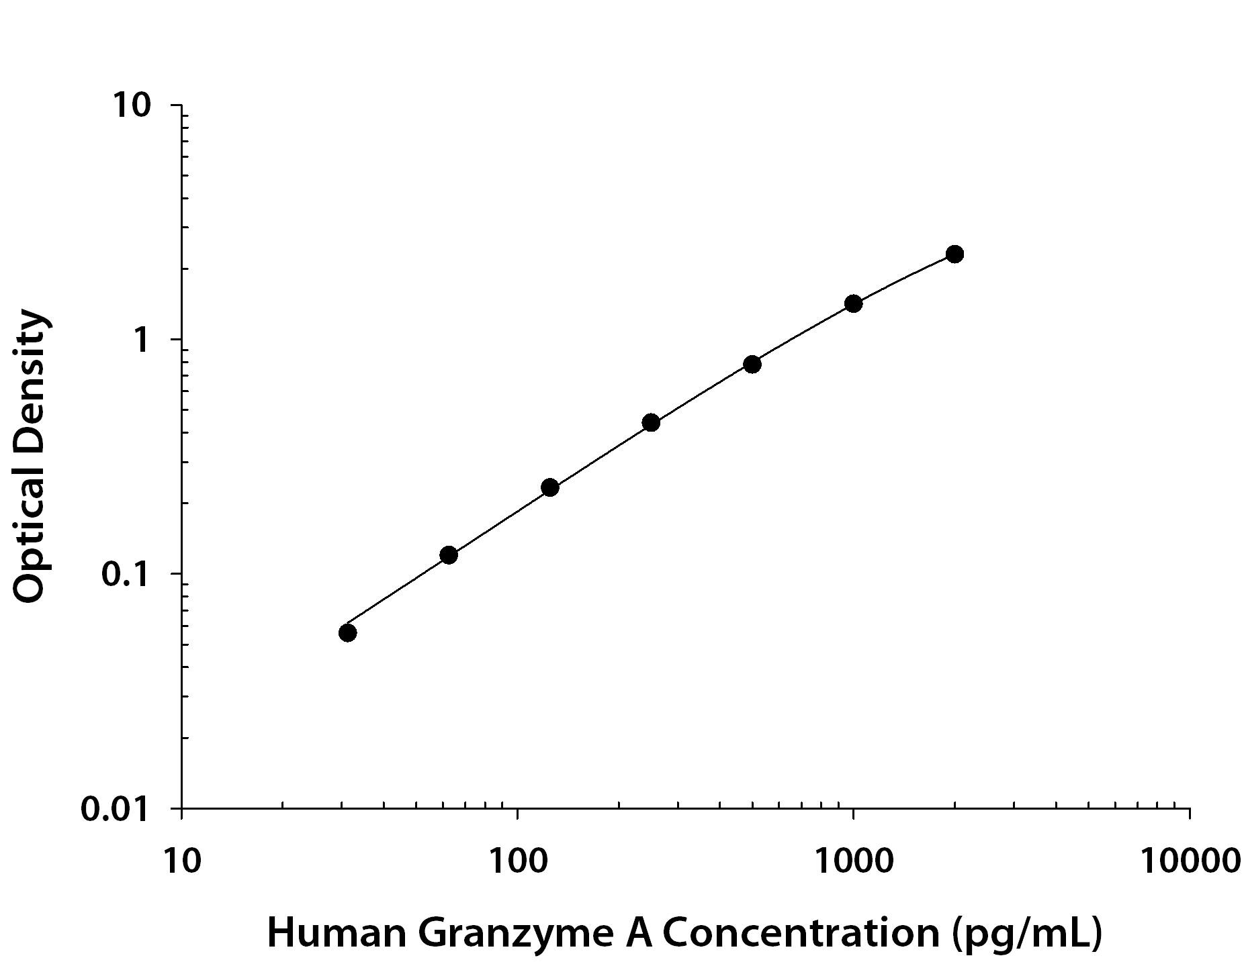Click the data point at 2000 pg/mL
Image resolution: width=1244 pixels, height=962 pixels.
[x=954, y=254]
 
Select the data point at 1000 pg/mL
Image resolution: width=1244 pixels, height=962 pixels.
[x=853, y=303]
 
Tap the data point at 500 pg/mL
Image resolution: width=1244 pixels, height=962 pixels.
[x=752, y=365]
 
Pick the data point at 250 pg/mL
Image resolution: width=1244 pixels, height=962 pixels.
[x=651, y=423]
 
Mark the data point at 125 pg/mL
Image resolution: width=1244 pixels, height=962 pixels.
[x=549, y=487]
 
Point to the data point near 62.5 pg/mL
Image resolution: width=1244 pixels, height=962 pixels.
[x=449, y=555]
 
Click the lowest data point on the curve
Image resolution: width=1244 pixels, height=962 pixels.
[x=347, y=633]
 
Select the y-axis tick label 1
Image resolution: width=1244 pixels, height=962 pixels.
[x=141, y=340]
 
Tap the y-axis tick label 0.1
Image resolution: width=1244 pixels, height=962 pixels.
[x=124, y=575]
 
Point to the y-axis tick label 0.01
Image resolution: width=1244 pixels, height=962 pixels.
[x=114, y=809]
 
